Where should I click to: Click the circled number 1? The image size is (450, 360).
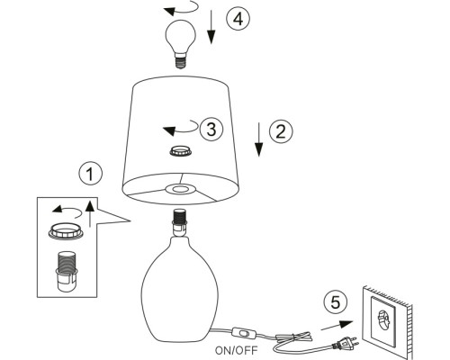[x=90, y=174]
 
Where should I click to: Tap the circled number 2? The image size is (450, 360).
[x=281, y=131]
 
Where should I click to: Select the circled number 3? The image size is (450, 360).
[x=211, y=130]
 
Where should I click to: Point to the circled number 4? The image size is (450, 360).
[x=238, y=19]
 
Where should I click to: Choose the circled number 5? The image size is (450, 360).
[x=336, y=302]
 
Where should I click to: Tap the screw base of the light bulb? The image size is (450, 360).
[x=180, y=62]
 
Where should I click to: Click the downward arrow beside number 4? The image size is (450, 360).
[x=211, y=27]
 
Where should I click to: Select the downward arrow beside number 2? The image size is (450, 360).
[x=259, y=139]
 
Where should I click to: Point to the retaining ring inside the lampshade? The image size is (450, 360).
[x=181, y=151]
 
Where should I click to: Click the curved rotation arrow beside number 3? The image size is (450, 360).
[x=181, y=128]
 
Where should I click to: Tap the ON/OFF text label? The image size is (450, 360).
[x=237, y=350]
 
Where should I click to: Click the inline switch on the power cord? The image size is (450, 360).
[x=245, y=332]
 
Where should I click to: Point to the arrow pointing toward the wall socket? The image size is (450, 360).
[x=337, y=326]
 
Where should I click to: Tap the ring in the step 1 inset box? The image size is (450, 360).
[x=65, y=232]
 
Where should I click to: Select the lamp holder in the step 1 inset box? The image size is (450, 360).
[x=67, y=272]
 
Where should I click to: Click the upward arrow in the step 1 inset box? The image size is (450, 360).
[x=90, y=214]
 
